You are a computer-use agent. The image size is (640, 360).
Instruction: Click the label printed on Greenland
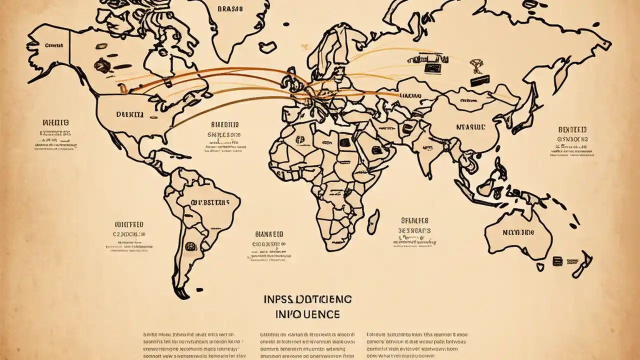pos(230,8)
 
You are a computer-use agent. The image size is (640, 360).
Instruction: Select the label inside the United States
pos(129,114)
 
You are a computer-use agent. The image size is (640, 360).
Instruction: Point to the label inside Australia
pos(518,232)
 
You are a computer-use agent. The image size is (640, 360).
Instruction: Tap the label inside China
pos(470,127)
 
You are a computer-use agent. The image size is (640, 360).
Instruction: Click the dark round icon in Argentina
pos(190,246)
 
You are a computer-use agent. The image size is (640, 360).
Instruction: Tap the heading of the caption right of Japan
pos(572,130)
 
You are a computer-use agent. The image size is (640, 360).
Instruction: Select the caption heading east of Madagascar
pos(414,220)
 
